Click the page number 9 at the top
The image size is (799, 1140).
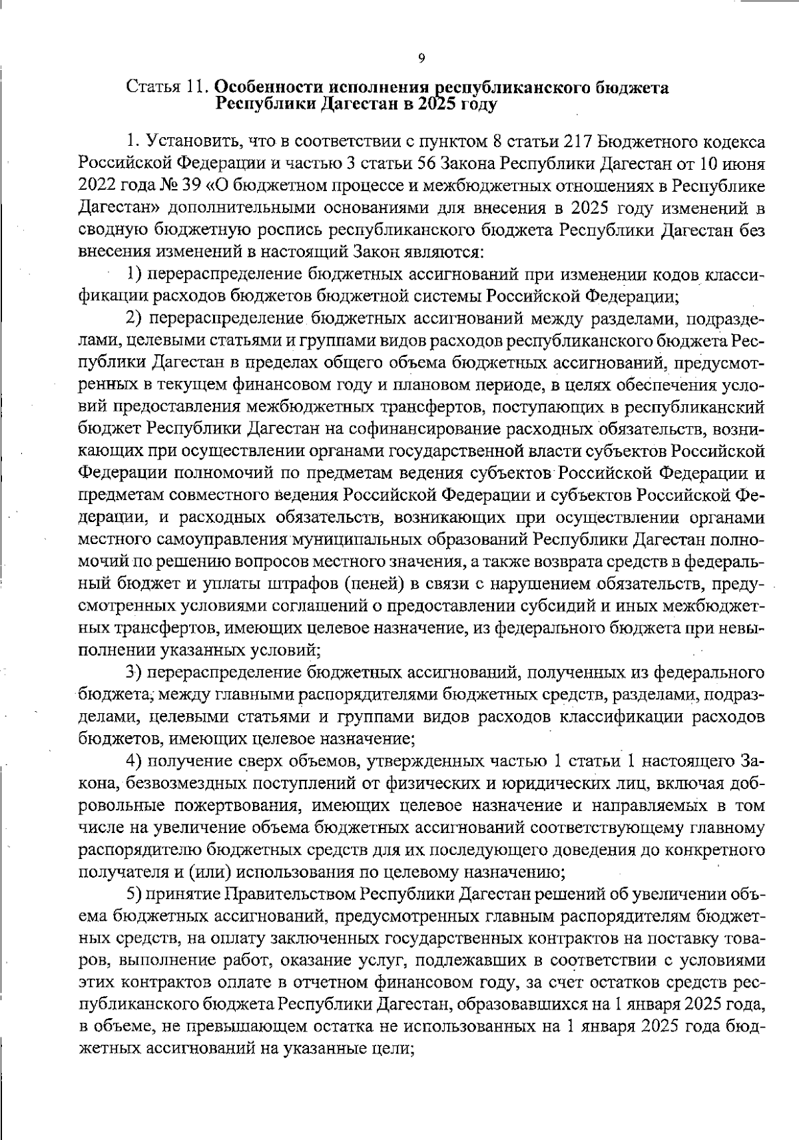point(421,59)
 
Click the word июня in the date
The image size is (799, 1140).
point(742,163)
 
